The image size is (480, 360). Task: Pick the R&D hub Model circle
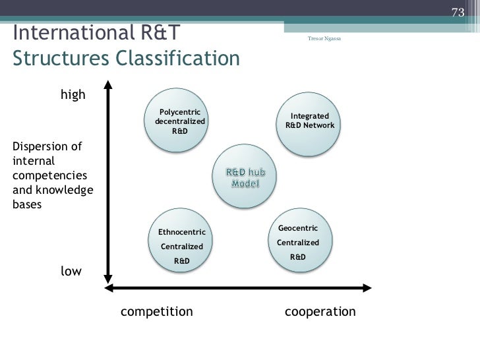tap(245, 177)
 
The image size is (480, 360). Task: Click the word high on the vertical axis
tap(73, 94)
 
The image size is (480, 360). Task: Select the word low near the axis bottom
tap(71, 271)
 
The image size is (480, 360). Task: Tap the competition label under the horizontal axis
tap(157, 311)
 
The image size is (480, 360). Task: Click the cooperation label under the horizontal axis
tap(320, 311)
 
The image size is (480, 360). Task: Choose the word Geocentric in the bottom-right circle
tap(298, 228)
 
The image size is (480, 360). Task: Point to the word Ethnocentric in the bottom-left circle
tap(182, 232)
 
